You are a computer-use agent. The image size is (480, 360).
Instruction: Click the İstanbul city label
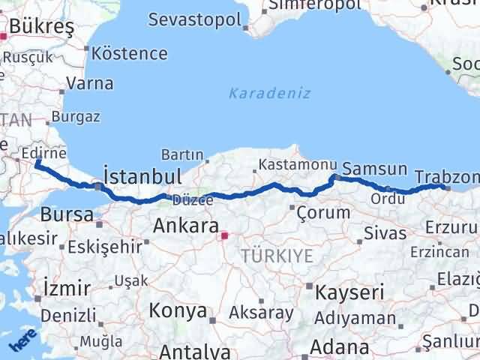(142, 177)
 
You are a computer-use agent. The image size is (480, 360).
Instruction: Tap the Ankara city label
(185, 226)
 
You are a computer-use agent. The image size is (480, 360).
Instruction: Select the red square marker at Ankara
(224, 235)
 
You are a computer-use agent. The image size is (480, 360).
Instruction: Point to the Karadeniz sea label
(259, 94)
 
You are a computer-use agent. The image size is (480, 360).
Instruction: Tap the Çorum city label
(323, 212)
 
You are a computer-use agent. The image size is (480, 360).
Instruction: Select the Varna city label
(90, 82)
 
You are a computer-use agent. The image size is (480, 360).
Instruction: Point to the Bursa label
(66, 215)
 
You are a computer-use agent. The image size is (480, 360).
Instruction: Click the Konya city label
(178, 310)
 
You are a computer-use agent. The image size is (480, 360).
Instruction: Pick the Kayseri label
(349, 291)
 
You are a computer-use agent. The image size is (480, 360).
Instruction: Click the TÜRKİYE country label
(277, 256)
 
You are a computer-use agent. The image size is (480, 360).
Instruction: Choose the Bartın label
(182, 154)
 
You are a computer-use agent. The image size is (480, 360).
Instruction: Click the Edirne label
(40, 152)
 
